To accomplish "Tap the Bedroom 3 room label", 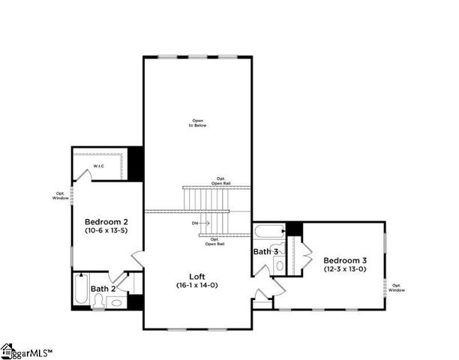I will click(x=345, y=259).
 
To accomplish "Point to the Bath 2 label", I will click(x=103, y=288).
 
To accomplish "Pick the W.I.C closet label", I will click(x=98, y=165).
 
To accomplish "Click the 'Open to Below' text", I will click(x=197, y=122).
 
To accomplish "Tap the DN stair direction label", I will click(x=195, y=223).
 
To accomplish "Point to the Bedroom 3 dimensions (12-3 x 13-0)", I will click(x=345, y=268).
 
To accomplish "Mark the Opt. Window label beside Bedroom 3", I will click(x=397, y=287).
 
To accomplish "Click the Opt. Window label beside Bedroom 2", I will click(x=61, y=195).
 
